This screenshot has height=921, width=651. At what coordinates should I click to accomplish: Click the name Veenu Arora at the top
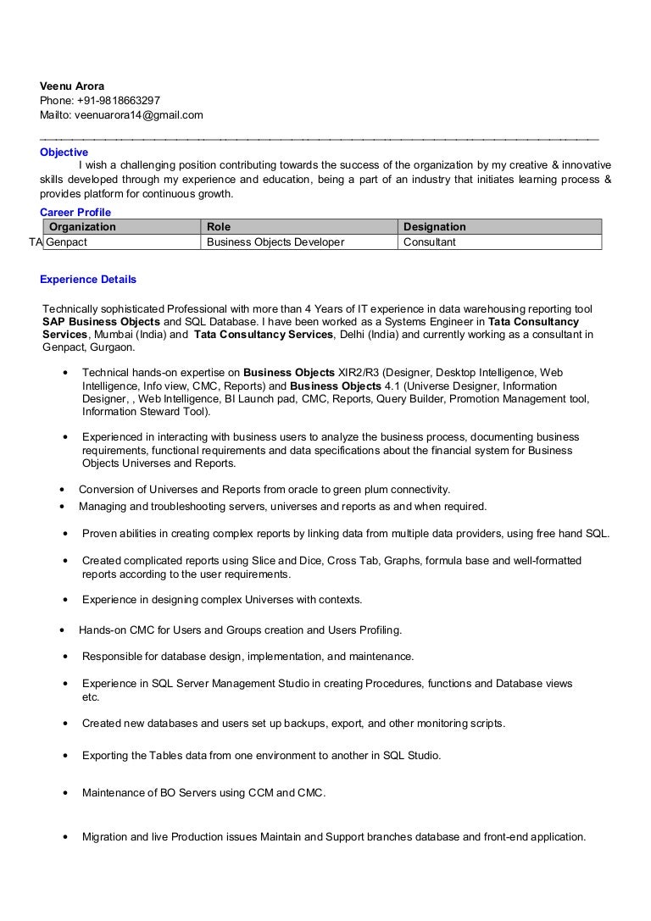72,86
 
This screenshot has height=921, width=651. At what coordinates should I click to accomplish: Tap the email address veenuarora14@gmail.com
139,114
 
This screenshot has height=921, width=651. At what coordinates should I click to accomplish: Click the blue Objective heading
64,153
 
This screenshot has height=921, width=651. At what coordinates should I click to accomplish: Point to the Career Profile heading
75,212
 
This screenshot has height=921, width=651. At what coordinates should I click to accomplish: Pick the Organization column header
82,227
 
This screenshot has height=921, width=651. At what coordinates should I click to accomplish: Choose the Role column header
219,227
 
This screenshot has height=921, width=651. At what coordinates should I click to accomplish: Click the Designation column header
434,227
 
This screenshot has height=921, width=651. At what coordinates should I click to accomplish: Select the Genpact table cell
67,242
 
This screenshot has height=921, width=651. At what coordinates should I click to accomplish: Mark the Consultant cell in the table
429,242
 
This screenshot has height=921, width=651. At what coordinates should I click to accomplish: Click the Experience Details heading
88,280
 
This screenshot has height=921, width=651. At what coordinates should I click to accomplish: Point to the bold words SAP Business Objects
101,322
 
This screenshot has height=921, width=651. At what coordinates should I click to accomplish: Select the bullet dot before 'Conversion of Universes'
62,490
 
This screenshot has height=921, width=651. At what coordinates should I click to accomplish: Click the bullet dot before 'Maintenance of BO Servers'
65,793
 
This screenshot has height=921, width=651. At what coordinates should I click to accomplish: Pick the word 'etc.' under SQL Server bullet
91,697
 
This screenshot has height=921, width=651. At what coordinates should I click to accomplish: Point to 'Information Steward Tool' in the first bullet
145,412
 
